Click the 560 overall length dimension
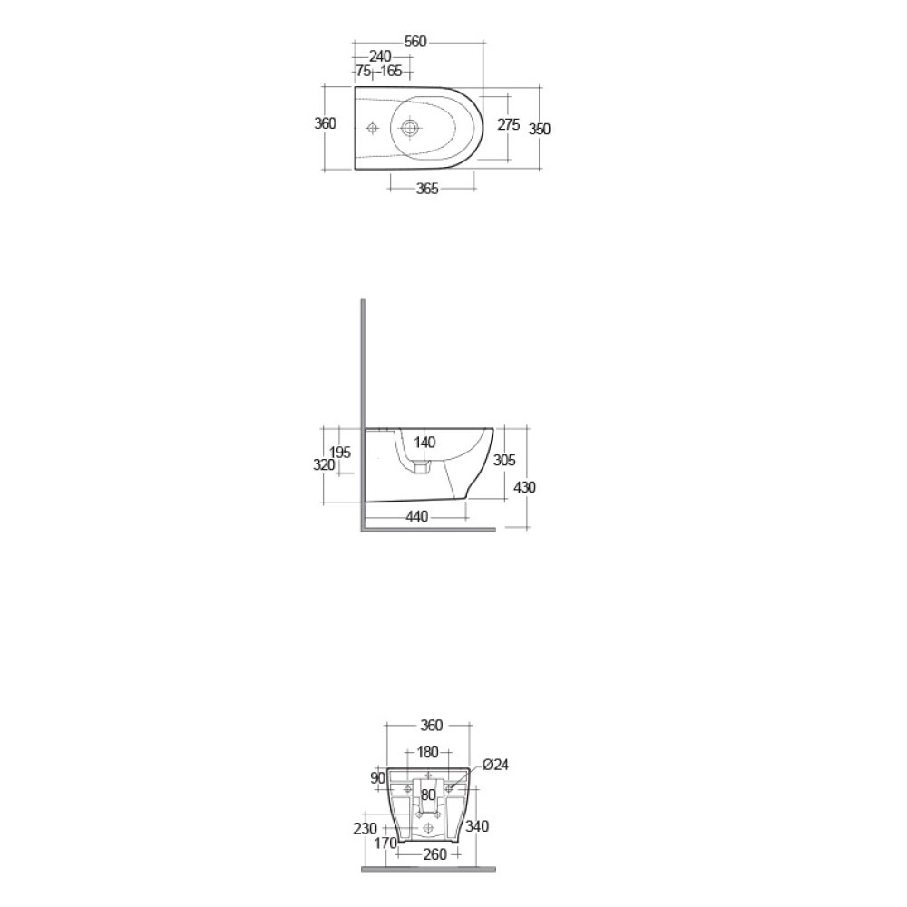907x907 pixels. pyautogui.click(x=415, y=42)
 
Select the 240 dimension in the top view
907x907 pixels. pyautogui.click(x=380, y=56)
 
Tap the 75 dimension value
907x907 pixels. pyautogui.click(x=364, y=71)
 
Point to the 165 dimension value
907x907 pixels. pyautogui.click(x=391, y=71)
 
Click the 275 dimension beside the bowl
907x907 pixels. pyautogui.click(x=509, y=124)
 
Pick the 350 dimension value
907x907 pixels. pyautogui.click(x=540, y=129)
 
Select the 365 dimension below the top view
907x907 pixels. pyautogui.click(x=427, y=189)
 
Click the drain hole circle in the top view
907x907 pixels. pyautogui.click(x=410, y=127)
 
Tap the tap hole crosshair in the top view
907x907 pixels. pyautogui.click(x=373, y=127)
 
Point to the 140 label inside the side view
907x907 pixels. pyautogui.click(x=424, y=443)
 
